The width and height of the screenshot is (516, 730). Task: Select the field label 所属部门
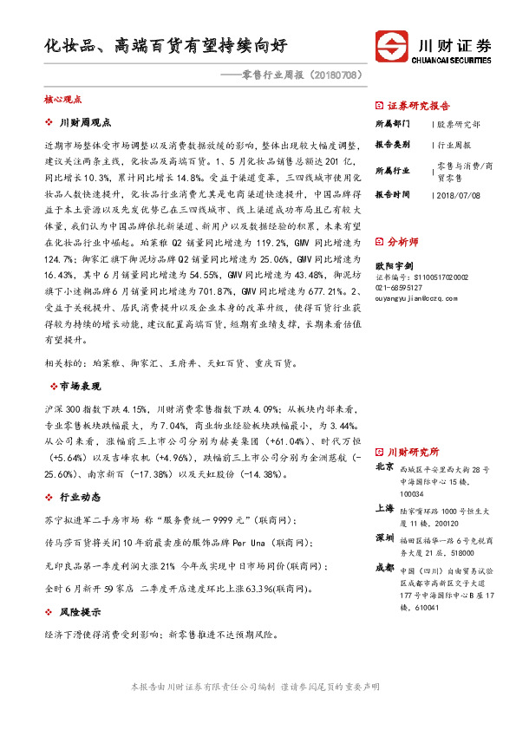[x=395, y=122]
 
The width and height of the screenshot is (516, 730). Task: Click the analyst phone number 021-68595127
[x=400, y=287]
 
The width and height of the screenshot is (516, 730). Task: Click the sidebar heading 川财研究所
[x=413, y=453]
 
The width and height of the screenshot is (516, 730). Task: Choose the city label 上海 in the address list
[x=385, y=509]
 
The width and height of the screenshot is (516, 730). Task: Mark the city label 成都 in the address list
[x=385, y=567]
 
